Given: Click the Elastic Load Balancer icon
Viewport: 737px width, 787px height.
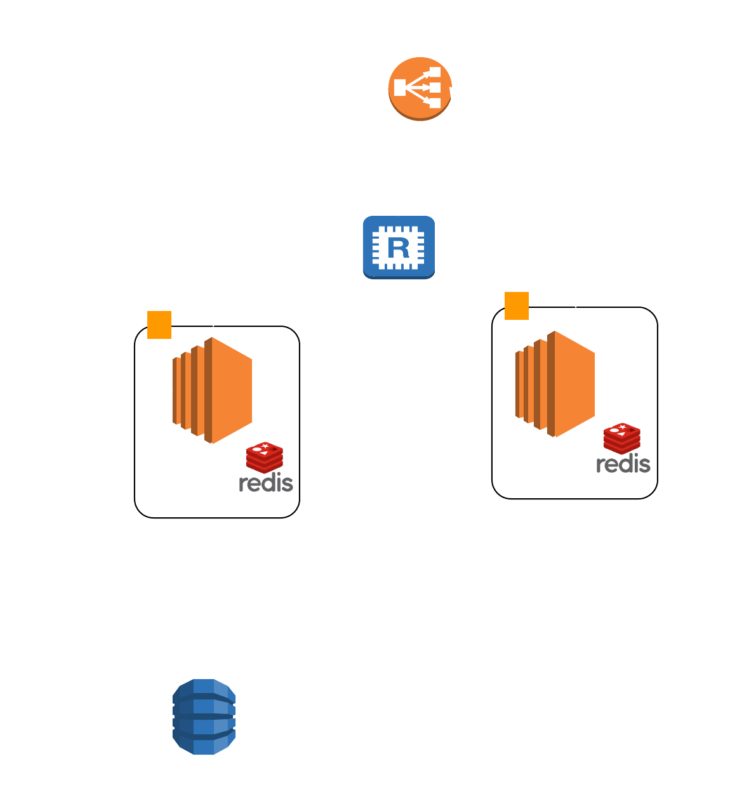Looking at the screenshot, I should [x=420, y=88].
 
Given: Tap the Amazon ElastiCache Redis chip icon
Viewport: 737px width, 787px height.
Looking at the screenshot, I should [x=399, y=247].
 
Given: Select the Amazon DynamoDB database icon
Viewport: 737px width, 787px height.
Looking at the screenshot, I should [x=204, y=717].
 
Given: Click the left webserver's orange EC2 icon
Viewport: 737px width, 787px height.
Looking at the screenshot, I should [x=213, y=390].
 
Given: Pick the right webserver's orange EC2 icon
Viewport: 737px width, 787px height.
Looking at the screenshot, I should [x=555, y=383].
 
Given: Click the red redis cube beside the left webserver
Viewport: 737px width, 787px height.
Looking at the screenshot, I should [x=265, y=457].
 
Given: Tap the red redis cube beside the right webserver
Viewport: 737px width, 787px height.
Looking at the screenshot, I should [x=622, y=438].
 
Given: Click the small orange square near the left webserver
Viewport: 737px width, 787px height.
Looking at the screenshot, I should [x=159, y=324].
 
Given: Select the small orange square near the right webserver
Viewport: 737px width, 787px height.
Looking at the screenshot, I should [x=517, y=305].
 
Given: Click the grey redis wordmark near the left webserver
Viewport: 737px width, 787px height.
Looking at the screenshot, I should [x=266, y=483].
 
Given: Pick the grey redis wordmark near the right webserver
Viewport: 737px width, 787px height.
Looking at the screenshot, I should [x=623, y=464].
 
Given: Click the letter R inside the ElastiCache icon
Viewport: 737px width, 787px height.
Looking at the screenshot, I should [x=398, y=247].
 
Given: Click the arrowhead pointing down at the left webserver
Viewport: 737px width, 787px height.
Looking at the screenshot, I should [x=213, y=321].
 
